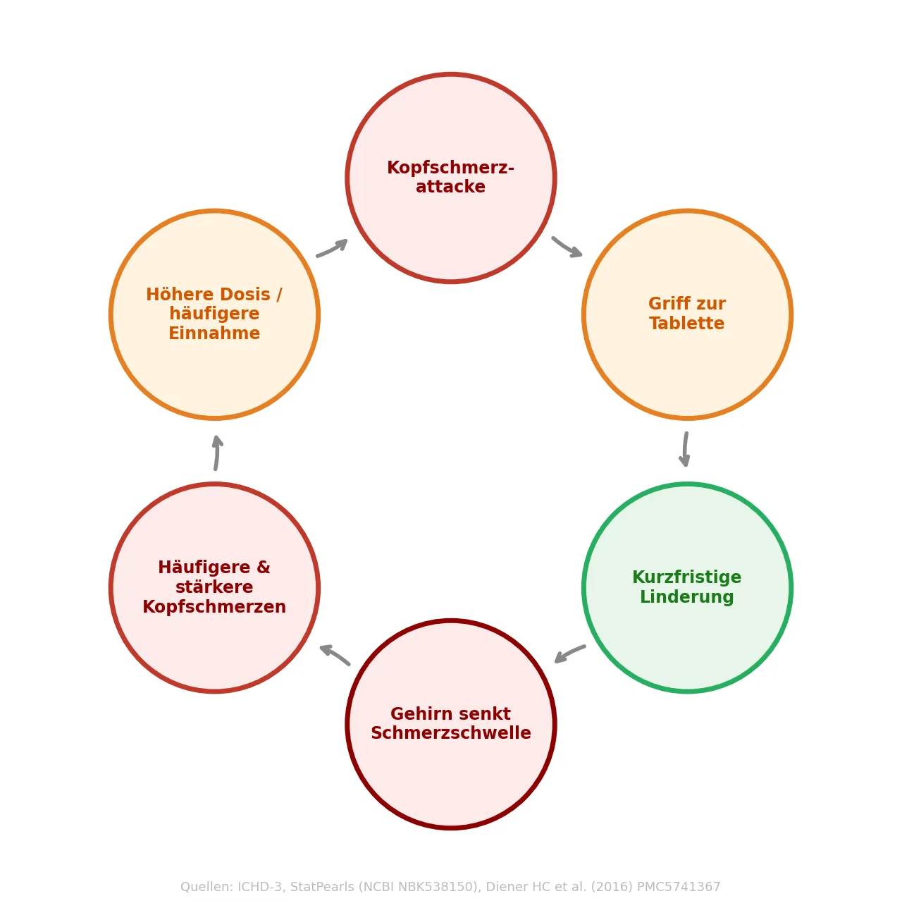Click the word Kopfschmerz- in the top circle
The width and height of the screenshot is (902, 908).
(450, 168)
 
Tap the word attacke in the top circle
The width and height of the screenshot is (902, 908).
(450, 188)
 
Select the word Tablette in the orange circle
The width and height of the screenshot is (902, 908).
(686, 324)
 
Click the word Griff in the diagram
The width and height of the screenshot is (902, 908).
(667, 304)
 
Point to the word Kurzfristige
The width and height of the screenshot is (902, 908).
(686, 577)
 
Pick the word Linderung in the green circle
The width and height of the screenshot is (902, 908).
(686, 597)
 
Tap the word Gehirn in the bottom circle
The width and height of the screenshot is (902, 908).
(419, 714)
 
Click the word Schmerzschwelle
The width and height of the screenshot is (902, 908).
(450, 733)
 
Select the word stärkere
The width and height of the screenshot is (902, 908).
(214, 587)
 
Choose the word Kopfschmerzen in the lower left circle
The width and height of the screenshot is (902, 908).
(214, 607)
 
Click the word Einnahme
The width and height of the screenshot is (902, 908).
(214, 333)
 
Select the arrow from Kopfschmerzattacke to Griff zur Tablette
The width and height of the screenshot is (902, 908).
(567, 247)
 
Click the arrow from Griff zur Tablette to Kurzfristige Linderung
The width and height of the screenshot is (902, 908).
(685, 449)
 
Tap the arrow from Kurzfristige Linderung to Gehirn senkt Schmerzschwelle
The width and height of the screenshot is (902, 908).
(570, 654)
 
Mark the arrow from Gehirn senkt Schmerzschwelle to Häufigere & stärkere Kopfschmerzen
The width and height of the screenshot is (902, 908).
(335, 654)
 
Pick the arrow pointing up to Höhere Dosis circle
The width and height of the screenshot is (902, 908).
(217, 453)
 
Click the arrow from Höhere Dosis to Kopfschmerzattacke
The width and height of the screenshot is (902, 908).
(332, 248)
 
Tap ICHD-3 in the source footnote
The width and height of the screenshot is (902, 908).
(260, 887)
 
